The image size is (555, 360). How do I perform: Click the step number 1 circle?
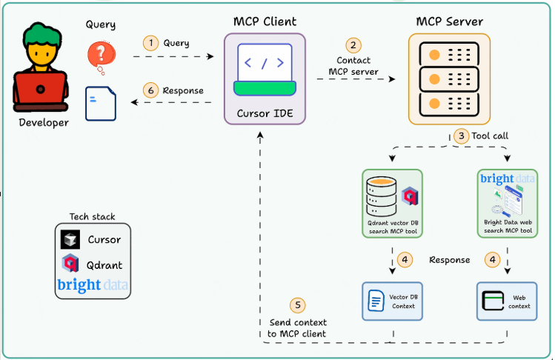(x=151, y=43)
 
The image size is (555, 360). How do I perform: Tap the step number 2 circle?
(x=353, y=44)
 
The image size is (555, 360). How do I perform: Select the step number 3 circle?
(x=462, y=136)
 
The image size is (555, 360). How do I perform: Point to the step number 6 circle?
(x=151, y=90)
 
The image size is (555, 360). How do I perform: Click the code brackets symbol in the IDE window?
(x=265, y=62)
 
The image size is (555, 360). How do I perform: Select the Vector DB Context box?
(x=391, y=301)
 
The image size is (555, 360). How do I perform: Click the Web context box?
(x=508, y=301)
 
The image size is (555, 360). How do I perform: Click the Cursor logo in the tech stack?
(x=71, y=240)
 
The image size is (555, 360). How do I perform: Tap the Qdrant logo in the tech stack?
(x=71, y=264)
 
